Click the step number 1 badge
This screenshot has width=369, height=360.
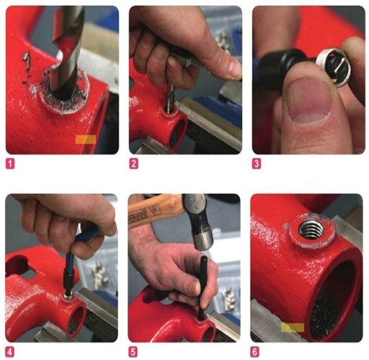point(10,164)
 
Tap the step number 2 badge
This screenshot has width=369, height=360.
point(133,164)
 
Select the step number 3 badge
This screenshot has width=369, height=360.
point(257,164)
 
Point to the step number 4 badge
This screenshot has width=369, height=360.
point(10,352)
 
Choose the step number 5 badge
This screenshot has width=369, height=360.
point(133,352)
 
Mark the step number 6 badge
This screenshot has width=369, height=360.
point(255,352)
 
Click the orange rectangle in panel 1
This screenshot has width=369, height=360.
point(86,139)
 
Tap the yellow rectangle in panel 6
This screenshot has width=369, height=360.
point(293,328)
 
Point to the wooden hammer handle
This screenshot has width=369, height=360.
point(156,211)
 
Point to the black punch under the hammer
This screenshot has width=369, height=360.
point(203,288)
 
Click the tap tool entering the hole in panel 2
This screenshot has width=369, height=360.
point(170,96)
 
